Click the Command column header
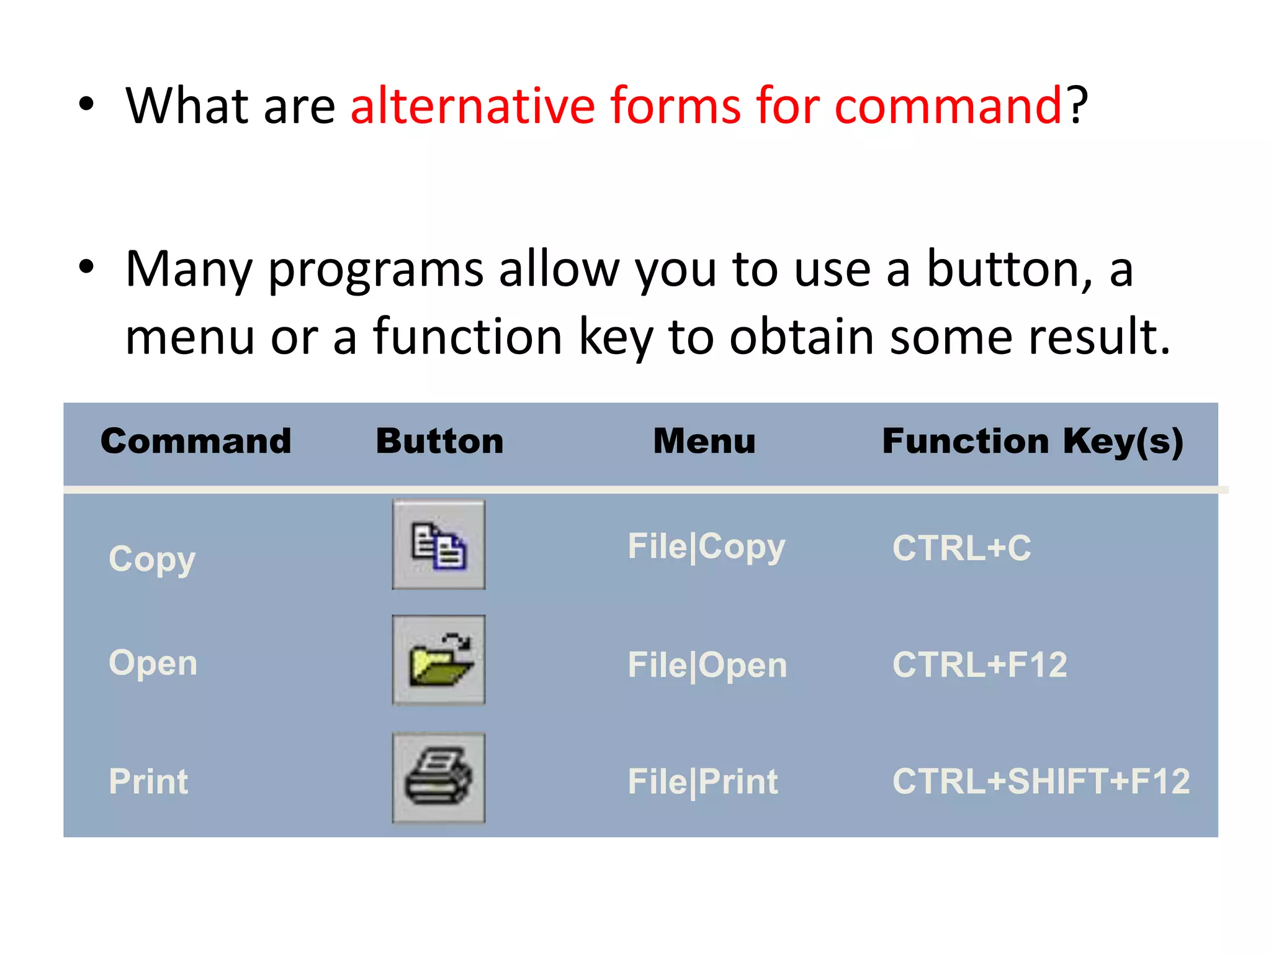click(195, 442)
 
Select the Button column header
click(439, 442)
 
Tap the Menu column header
click(704, 442)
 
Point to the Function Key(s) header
click(1033, 442)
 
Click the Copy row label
click(152, 559)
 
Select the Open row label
click(153, 663)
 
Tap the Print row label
click(148, 781)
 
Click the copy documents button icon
click(439, 545)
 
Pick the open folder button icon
click(439, 660)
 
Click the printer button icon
click(439, 778)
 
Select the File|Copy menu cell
click(706, 547)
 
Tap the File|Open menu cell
click(707, 665)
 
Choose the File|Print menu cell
click(703, 781)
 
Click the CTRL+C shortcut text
click(961, 548)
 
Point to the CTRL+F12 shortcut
click(979, 665)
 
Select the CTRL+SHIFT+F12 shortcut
click(1041, 781)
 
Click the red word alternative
click(473, 106)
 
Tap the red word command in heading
click(948, 106)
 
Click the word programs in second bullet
click(375, 270)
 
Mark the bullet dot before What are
click(87, 104)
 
